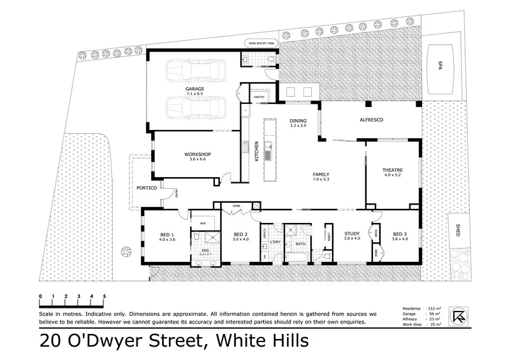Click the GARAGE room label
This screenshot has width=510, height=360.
194,89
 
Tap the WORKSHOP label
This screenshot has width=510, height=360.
198,154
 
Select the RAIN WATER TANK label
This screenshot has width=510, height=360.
261,43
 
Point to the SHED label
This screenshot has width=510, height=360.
458,230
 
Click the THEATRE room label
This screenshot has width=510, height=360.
392,170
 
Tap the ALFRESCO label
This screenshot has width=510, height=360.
370,120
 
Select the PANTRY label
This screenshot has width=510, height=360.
259,97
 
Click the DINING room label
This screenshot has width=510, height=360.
298,120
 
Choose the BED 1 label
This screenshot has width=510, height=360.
167,234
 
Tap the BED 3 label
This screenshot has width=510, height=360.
400,234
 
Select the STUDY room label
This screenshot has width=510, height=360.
352,234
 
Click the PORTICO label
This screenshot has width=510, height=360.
147,188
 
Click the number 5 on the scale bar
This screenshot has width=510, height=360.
104,296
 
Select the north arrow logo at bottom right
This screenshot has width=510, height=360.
458,316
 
